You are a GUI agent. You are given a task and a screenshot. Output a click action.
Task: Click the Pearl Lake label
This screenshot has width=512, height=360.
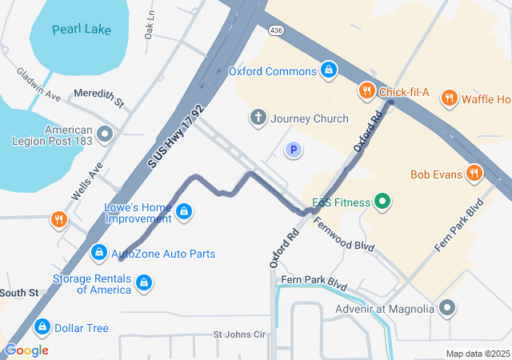coord(81,30)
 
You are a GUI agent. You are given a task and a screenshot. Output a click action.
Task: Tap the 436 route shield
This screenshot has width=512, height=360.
coord(277,30)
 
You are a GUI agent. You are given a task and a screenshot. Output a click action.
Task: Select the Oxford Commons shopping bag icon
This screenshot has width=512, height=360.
coord(328,70)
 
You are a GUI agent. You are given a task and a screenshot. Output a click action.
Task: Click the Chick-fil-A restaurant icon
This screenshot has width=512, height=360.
coord(367,90)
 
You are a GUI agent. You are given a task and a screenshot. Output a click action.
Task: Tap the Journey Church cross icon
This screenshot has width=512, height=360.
coord(258,118)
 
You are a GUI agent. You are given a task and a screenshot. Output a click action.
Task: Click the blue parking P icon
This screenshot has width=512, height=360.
coord(294,150)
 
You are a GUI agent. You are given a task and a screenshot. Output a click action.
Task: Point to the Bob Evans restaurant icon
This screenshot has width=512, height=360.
coord(475,173)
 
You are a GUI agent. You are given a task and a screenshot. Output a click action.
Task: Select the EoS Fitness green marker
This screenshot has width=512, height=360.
coord(382,202)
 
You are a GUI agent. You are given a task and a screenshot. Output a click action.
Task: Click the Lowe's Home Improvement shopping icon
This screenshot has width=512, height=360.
coord(184,211)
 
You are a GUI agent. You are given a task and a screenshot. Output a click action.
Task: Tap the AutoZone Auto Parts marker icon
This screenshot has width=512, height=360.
coord(98,253)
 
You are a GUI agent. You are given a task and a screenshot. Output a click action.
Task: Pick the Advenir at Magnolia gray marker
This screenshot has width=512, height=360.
coord(447,308)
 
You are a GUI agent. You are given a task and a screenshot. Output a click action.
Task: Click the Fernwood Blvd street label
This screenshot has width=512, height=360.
coord(343,235)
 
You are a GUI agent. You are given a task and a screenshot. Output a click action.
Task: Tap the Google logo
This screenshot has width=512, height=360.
coord(26,350)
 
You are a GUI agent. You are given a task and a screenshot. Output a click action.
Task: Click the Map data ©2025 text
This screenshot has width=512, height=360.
coord(477,354)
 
